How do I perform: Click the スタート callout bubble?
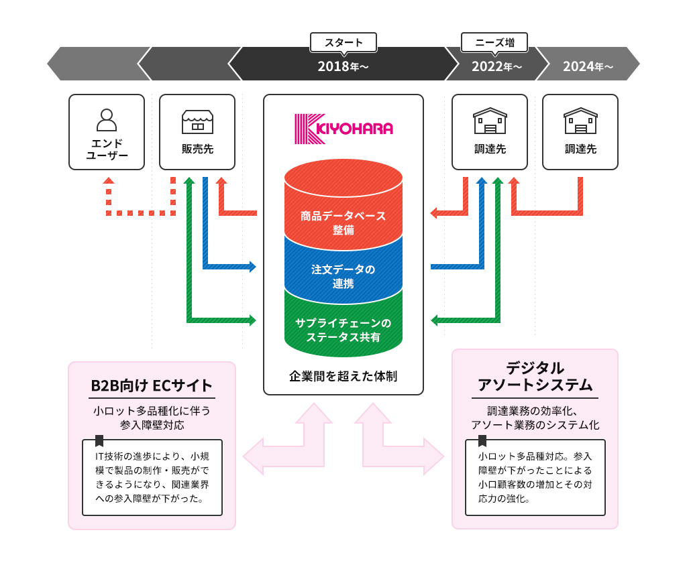coord(343,42)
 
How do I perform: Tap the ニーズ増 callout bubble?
coord(494,42)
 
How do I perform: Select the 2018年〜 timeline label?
coord(343,66)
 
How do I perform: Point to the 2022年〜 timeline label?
coord(496,66)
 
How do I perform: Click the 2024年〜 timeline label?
coord(588,66)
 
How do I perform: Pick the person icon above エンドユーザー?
coord(107,119)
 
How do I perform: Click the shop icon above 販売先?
coord(197,121)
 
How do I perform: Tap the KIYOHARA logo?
coord(343,129)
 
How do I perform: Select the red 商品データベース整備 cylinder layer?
coord(343,214)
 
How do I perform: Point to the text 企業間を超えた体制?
coord(343,376)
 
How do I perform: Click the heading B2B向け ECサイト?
coord(152,385)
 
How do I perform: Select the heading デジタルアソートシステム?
coord(535,376)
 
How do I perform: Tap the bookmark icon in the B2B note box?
coord(99,440)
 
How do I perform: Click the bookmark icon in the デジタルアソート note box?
coord(482,440)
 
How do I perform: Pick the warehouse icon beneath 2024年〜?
coord(580,121)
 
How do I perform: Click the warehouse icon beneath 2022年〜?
coord(490,121)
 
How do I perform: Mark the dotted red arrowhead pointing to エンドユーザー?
coord(109,180)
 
